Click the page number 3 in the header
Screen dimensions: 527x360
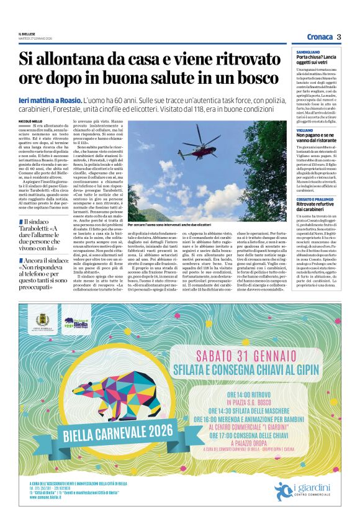point(339,37)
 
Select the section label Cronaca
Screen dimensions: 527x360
point(320,37)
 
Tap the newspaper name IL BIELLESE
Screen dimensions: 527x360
point(27,34)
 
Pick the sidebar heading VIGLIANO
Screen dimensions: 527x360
point(304,130)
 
